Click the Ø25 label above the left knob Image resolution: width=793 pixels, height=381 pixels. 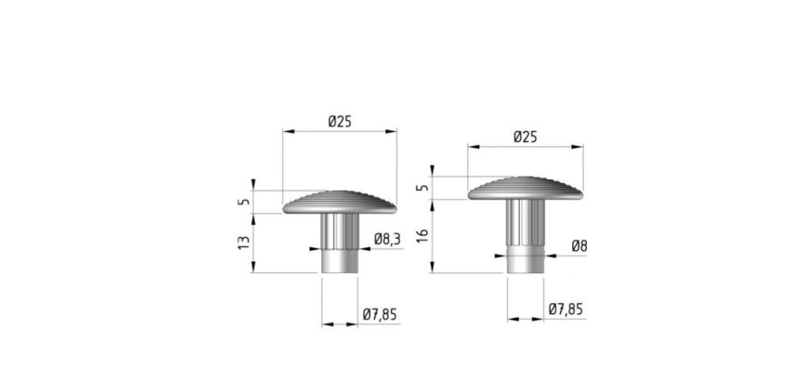(x=339, y=122)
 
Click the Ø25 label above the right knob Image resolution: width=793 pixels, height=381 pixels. (x=526, y=138)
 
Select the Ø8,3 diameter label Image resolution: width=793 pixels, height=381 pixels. (x=388, y=240)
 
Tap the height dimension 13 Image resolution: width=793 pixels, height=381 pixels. (x=244, y=243)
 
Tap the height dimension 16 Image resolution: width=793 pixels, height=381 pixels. (x=422, y=235)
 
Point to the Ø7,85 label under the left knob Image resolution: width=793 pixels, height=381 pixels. (x=380, y=315)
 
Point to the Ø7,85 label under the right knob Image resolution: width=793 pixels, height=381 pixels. (x=565, y=309)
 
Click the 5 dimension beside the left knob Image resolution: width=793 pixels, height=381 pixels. (x=244, y=202)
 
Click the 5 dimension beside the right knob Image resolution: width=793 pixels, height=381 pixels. (x=423, y=187)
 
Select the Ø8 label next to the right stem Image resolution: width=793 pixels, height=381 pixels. (x=579, y=246)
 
